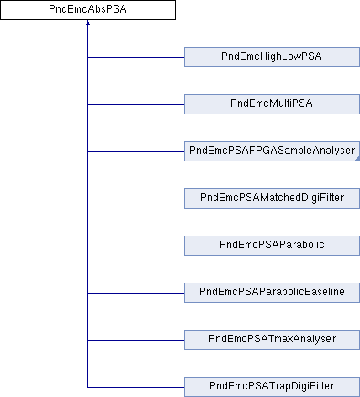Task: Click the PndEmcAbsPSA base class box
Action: (87, 10)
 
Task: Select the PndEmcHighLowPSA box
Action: (272, 57)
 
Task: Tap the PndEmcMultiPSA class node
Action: (272, 104)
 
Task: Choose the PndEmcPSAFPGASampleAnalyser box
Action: (272, 151)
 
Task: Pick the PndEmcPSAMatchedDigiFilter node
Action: (272, 198)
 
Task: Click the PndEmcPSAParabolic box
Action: (272, 246)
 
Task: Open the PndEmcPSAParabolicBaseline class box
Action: (272, 293)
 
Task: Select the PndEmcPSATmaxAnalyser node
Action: (272, 340)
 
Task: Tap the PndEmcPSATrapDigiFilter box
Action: (272, 387)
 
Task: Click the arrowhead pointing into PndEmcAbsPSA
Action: (87, 23)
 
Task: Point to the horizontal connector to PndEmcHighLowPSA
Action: (136, 57)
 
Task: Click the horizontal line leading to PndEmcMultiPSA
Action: (136, 104)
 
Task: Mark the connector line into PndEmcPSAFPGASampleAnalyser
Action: (136, 151)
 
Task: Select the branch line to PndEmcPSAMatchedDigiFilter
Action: (136, 198)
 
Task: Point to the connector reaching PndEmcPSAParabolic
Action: (136, 246)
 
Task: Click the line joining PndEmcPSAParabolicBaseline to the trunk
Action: (136, 293)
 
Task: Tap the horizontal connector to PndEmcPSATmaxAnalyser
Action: (136, 340)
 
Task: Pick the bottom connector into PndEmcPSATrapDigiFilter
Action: (136, 387)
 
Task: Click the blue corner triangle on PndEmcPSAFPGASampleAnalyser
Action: (357, 159)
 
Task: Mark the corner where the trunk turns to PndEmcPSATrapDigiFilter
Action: (87, 387)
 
